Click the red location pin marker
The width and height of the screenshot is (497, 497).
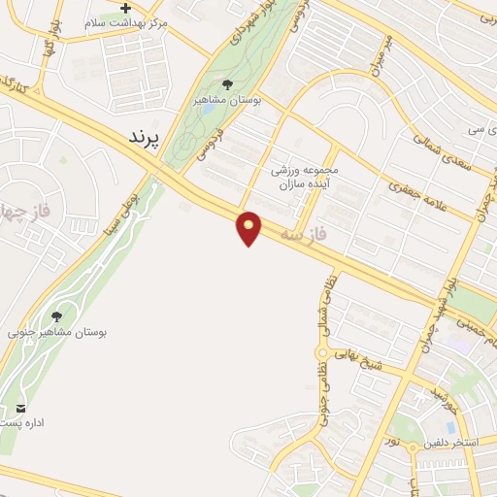(249, 228)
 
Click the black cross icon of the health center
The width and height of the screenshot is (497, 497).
(124, 8)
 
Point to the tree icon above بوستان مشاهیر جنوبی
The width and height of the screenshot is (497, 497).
(56, 315)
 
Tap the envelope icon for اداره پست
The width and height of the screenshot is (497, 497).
(21, 406)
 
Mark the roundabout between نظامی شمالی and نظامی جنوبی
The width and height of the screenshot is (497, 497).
(321, 353)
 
